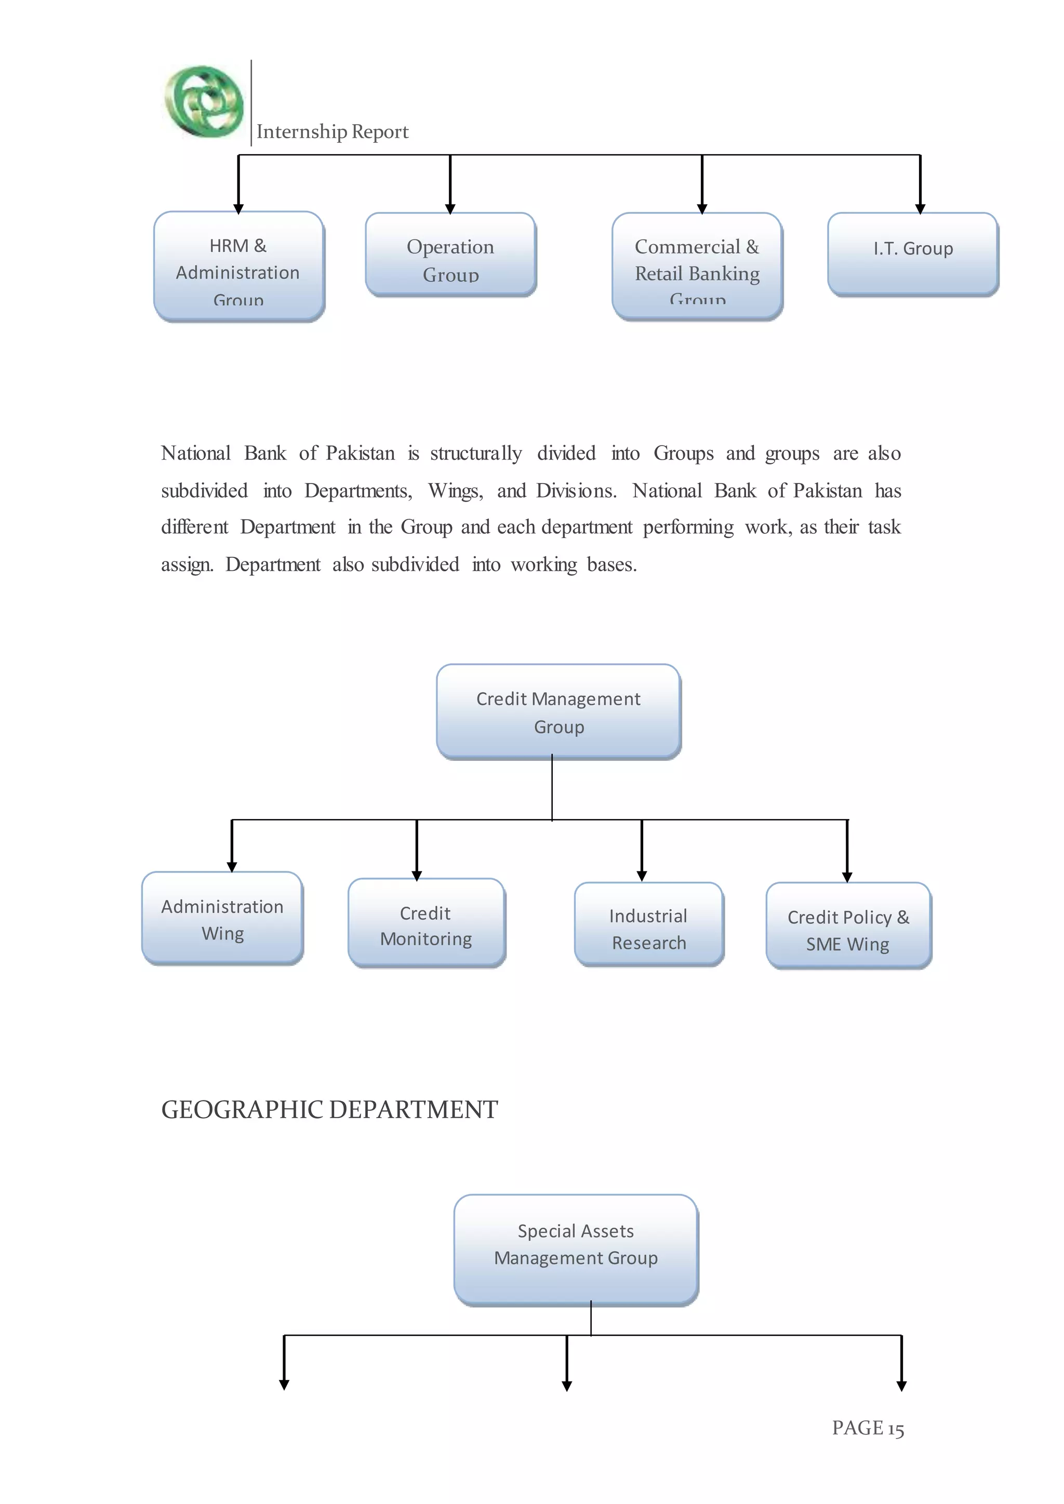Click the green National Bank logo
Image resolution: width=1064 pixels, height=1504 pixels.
click(204, 102)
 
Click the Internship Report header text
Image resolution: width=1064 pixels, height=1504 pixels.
click(332, 132)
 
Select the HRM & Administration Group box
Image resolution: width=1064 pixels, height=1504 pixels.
click(238, 266)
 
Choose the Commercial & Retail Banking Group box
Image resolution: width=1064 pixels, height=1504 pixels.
click(697, 266)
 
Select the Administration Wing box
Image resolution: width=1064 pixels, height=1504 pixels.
click(222, 918)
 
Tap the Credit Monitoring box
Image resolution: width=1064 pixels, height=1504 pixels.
click(426, 923)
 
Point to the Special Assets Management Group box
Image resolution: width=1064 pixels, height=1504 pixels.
click(576, 1250)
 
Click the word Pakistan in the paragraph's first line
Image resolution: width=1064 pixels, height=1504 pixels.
click(361, 453)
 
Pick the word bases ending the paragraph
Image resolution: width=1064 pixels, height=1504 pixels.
click(611, 565)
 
